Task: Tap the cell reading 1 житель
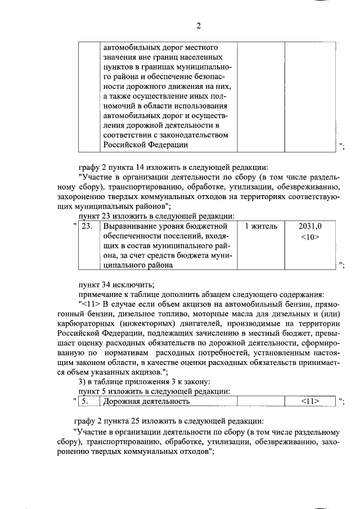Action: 261,226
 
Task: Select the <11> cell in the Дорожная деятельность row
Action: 310,402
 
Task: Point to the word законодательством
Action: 192,135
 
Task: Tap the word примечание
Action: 101,294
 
